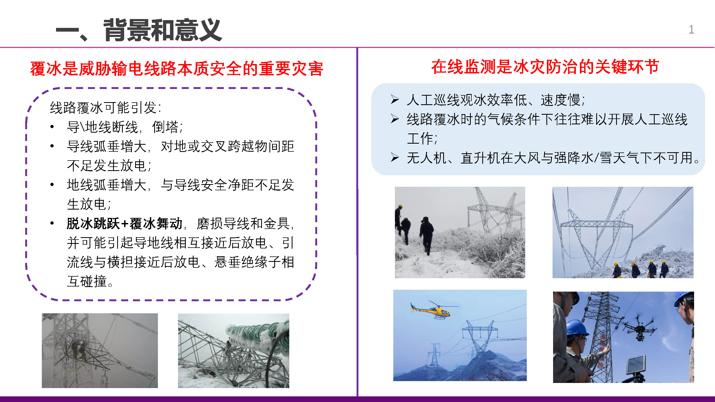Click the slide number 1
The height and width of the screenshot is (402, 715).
pyautogui.click(x=691, y=30)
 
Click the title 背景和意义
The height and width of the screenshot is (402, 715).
pyautogui.click(x=163, y=30)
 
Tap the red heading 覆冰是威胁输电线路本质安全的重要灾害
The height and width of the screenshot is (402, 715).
pyautogui.click(x=176, y=69)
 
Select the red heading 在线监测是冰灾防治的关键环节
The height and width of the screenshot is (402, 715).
pyautogui.click(x=545, y=67)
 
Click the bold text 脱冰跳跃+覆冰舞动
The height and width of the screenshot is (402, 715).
pyautogui.click(x=124, y=224)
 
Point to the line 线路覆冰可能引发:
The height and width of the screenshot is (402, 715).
pyautogui.click(x=105, y=108)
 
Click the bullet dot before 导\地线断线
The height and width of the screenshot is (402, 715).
pyautogui.click(x=52, y=127)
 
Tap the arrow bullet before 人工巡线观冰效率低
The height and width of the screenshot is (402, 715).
pyautogui.click(x=394, y=99)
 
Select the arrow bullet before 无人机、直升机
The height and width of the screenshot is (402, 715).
pyautogui.click(x=394, y=157)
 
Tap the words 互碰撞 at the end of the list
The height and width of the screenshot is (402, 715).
pyautogui.click(x=87, y=281)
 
